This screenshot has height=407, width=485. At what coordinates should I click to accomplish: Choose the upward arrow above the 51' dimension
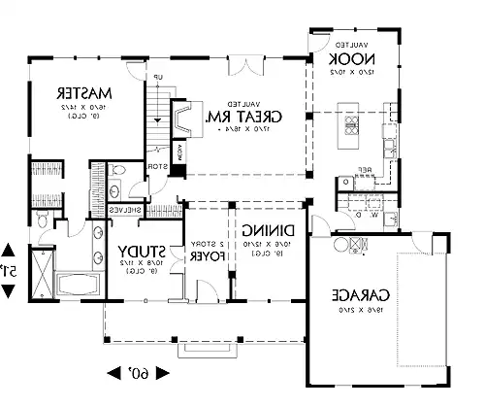(9, 249)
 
